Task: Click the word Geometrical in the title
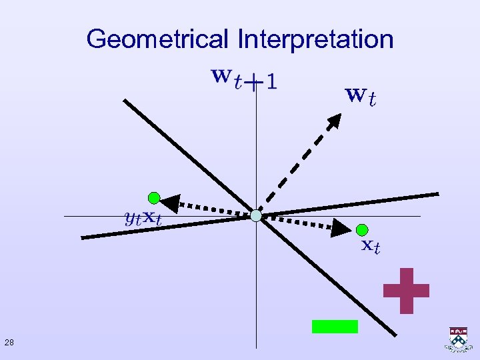point(157,39)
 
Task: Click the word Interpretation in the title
point(315,39)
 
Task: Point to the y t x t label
point(143,217)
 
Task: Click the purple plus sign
point(406,290)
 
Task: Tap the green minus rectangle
point(335,326)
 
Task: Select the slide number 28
point(9,343)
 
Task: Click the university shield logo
point(458,339)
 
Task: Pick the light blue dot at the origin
point(256,215)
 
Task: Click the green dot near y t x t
point(154,197)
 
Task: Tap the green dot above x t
point(362,229)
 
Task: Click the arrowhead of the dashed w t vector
point(334,122)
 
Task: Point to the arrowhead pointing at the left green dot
point(171,203)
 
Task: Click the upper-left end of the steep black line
point(123,101)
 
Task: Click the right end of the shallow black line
point(437,194)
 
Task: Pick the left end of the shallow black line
point(81,237)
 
